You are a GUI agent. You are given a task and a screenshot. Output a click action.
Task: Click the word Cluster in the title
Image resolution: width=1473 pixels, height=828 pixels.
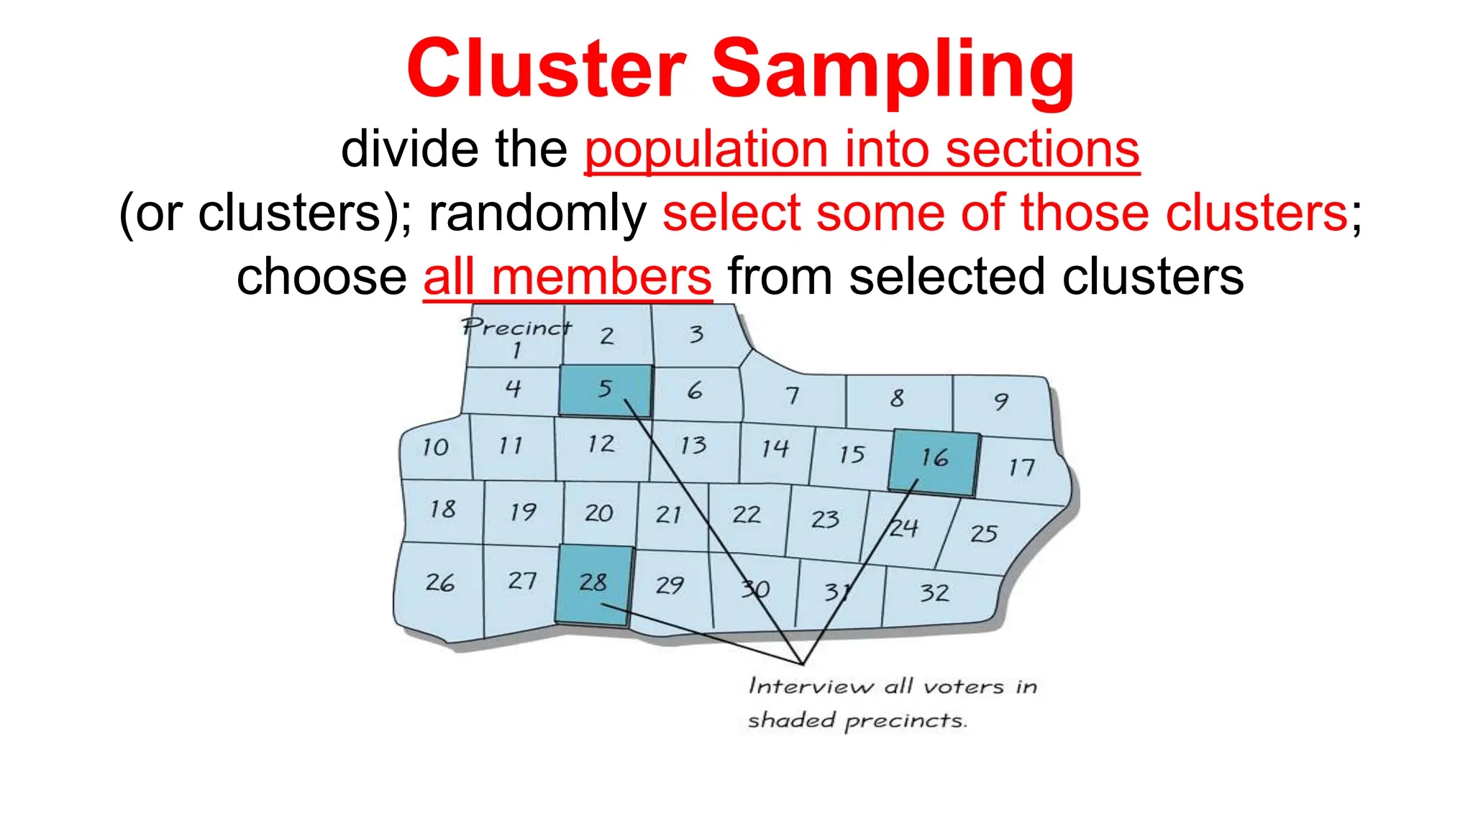[547, 69]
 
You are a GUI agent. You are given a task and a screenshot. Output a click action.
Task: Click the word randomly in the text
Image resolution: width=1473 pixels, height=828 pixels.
[537, 213]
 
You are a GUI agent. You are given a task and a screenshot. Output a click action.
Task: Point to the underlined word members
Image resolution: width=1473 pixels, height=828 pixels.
[601, 277]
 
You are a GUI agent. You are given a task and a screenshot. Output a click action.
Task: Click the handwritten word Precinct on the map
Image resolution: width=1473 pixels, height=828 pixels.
[516, 328]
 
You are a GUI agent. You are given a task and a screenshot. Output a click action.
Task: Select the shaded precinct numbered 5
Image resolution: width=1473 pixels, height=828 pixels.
[606, 390]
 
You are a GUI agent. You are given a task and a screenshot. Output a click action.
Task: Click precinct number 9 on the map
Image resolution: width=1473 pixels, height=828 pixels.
[1001, 401]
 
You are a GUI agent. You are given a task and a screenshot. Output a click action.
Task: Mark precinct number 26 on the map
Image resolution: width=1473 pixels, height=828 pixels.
[439, 582]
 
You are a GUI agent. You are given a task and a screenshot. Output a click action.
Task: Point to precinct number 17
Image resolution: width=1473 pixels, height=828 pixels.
[1021, 469]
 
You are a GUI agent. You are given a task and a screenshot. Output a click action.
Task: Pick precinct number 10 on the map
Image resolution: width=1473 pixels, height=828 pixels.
[435, 447]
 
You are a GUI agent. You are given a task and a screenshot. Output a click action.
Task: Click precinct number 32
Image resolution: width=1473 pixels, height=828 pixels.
[934, 593]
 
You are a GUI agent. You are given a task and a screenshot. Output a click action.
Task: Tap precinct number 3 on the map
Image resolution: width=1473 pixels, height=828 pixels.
[696, 334]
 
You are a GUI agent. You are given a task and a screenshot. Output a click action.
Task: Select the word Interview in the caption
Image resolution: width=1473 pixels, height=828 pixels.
[811, 686]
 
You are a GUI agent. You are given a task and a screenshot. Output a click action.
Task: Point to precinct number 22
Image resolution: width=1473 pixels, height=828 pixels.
[747, 515]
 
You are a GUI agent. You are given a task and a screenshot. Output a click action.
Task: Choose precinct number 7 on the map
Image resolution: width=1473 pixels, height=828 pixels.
[792, 395]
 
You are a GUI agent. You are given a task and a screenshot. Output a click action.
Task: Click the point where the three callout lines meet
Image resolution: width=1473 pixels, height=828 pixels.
[803, 663]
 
